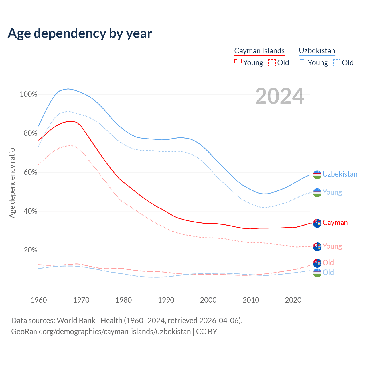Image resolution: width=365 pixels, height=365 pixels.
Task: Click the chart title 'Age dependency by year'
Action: tap(80, 33)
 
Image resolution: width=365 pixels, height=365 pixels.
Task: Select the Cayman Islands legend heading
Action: tap(259, 51)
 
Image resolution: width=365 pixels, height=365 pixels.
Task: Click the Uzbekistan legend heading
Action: tap(317, 51)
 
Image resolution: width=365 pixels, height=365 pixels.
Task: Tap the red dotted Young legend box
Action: tap(238, 63)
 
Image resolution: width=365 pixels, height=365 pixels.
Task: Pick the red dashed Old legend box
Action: tap(272, 63)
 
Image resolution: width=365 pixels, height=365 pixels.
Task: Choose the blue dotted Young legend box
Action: tap(303, 63)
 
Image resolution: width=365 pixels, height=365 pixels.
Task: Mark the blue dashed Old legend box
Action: tap(337, 63)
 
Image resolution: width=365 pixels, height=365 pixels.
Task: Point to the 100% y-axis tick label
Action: tap(29, 94)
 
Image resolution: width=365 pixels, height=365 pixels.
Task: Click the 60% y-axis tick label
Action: tap(30, 172)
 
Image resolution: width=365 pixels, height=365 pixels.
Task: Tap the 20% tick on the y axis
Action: tap(30, 250)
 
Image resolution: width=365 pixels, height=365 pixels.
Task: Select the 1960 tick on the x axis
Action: tap(39, 300)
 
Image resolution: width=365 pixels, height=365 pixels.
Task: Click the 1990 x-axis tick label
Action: tap(166, 300)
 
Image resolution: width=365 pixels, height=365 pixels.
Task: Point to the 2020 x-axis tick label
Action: tap(293, 300)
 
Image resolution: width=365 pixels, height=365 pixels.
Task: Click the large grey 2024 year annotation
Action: tap(279, 96)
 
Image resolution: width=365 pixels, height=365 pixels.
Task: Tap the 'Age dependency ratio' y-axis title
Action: tap(12, 183)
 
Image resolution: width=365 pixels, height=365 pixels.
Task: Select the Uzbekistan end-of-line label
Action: tap(340, 174)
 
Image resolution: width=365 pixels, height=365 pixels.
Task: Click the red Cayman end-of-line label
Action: tap(335, 223)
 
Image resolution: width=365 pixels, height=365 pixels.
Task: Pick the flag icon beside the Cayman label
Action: tap(317, 223)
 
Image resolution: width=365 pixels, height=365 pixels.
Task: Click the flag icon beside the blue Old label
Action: tap(317, 273)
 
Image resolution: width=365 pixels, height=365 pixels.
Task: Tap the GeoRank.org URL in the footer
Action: tap(101, 332)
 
